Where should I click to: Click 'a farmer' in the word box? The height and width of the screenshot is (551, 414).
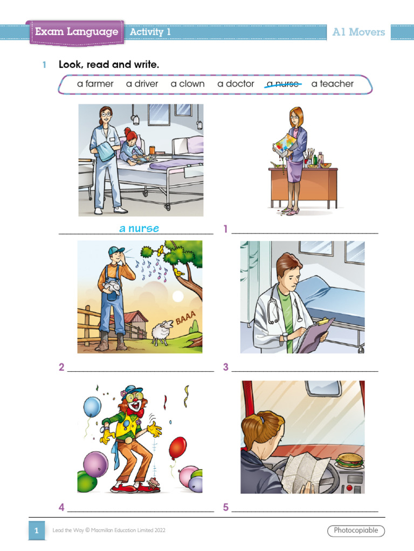point(95,84)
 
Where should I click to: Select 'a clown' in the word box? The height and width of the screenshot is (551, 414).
point(188,84)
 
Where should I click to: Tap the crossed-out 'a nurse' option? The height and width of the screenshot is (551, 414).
point(284,84)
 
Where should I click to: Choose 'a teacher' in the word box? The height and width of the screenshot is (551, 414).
point(333,84)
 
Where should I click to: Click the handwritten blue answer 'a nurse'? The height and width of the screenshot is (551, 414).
point(139,229)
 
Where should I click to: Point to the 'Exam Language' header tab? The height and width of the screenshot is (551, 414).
point(77,32)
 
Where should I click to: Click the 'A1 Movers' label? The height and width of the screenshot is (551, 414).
point(358,32)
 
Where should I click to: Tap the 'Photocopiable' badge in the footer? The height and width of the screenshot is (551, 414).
point(356,531)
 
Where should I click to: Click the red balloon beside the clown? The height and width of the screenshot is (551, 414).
point(177,448)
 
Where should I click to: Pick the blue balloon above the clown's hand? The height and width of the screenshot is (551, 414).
point(92,407)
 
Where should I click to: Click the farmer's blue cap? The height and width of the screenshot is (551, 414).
point(115,251)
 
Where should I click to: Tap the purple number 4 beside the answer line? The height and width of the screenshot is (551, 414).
point(61,507)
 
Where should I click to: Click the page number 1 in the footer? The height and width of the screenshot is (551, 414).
point(36,531)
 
